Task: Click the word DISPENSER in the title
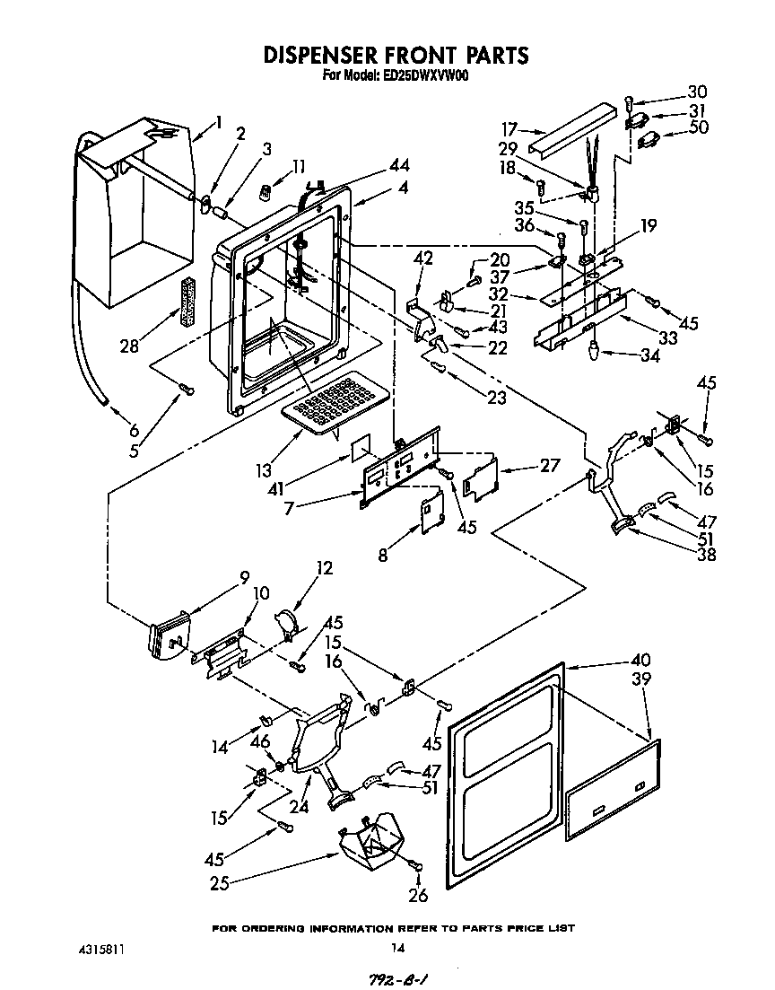(x=328, y=56)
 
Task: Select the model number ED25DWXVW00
(x=421, y=77)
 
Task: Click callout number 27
(x=550, y=465)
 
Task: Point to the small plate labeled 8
(x=432, y=512)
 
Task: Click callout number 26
(x=418, y=895)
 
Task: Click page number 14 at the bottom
(x=398, y=948)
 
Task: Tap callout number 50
(x=699, y=127)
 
